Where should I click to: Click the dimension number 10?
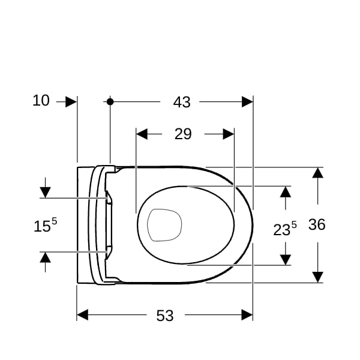tap(41, 101)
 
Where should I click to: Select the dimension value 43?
tap(182, 102)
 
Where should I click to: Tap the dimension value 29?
tap(183, 134)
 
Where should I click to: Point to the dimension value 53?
tap(165, 316)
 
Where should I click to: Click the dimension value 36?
tap(317, 224)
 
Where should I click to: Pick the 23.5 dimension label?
tap(285, 229)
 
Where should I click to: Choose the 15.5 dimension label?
tap(45, 225)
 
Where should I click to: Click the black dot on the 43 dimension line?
tap(110, 101)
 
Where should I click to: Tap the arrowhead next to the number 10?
tap(71, 102)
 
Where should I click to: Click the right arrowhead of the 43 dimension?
tap(247, 102)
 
